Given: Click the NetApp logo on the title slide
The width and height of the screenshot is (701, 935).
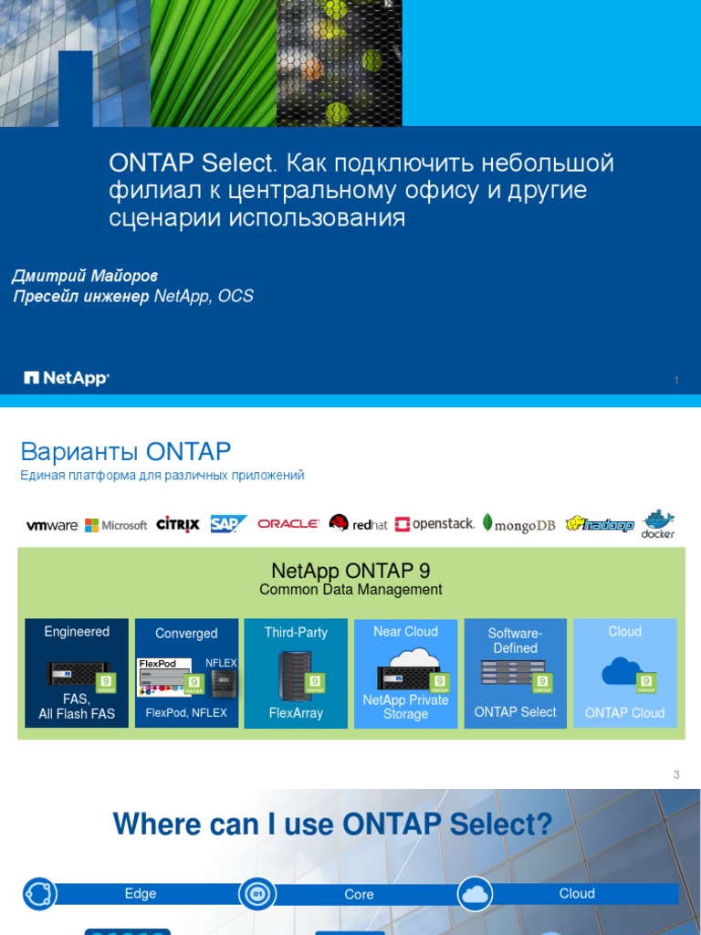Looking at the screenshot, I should click(66, 378).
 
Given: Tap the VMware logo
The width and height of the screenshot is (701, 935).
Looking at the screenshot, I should click(52, 525).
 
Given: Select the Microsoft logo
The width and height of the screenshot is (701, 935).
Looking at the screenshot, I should click(116, 525).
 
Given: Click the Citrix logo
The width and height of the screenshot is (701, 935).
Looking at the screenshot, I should click(178, 524).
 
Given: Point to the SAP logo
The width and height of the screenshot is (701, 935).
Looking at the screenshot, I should click(228, 523).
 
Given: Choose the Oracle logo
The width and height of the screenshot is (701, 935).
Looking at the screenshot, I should click(288, 524).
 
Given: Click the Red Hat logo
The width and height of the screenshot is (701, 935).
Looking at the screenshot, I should click(359, 524).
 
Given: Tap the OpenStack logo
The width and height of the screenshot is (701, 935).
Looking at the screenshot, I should click(435, 524).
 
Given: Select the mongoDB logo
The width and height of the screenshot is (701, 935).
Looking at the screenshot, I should click(518, 525).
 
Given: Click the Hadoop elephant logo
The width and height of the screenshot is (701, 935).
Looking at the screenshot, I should click(600, 524).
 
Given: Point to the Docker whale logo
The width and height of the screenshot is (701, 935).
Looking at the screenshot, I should click(657, 522).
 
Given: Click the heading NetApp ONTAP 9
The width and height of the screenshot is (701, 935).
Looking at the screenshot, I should click(350, 572).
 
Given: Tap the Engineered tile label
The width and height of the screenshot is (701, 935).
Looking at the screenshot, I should click(77, 632).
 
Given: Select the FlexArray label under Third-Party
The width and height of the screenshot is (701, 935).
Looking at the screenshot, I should click(296, 712).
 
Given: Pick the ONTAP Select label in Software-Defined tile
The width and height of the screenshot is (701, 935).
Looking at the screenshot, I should click(515, 712).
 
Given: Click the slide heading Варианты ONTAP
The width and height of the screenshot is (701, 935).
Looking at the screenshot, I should click(126, 451).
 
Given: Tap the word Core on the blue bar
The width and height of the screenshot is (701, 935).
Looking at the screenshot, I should click(359, 895).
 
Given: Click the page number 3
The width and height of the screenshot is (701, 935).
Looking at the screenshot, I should click(676, 775).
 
